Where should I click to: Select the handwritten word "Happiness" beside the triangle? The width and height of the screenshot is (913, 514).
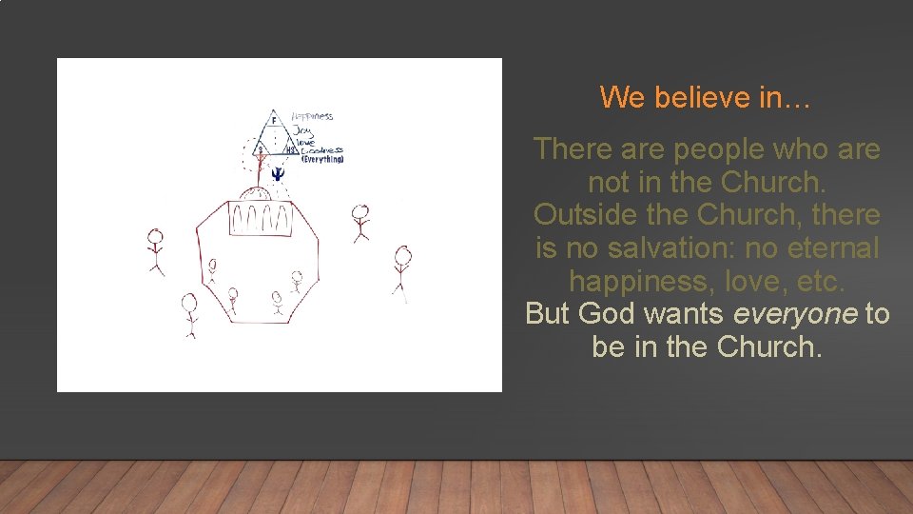pos(312,116)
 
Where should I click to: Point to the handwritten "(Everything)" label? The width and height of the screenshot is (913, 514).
pos(321,159)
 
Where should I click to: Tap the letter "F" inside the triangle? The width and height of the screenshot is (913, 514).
pos(274,121)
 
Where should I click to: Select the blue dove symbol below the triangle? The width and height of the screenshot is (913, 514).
pos(277,173)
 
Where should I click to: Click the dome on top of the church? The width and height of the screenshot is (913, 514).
pos(260,194)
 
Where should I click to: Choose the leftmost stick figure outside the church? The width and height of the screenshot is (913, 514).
pos(156,250)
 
